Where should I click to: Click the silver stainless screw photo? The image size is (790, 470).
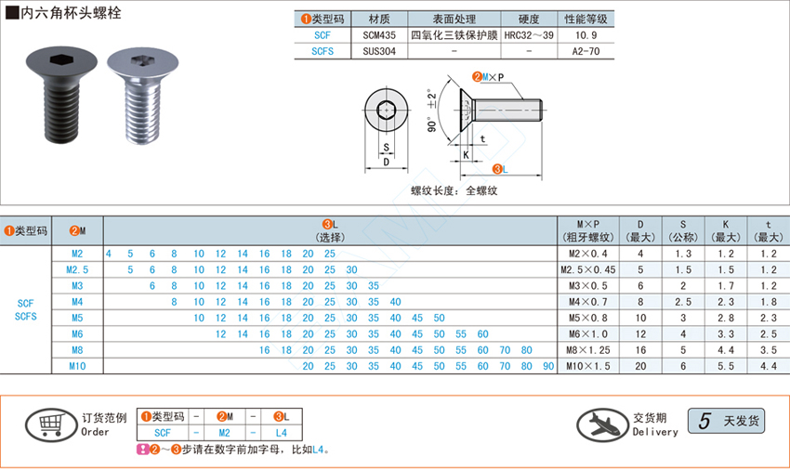click(x=142, y=96)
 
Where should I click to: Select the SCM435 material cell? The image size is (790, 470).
click(x=379, y=35)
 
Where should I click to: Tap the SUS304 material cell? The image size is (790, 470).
click(x=379, y=51)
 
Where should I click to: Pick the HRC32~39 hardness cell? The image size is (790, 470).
click(x=529, y=35)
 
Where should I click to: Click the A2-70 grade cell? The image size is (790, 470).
click(x=586, y=51)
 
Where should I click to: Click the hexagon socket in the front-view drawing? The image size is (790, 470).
click(x=386, y=110)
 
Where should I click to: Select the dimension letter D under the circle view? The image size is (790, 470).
click(x=387, y=163)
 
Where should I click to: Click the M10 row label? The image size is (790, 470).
click(x=77, y=366)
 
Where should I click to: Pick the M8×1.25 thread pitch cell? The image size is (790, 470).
click(x=588, y=350)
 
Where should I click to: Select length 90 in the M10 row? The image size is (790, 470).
click(x=548, y=366)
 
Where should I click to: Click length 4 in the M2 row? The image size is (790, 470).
click(x=109, y=254)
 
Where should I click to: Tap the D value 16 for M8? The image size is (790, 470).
click(x=640, y=350)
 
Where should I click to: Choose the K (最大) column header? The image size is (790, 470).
click(x=726, y=230)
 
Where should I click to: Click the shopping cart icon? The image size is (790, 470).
click(x=51, y=425)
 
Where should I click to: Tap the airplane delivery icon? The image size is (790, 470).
click(x=602, y=424)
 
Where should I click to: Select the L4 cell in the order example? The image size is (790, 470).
click(x=281, y=433)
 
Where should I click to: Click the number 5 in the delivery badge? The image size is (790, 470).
click(x=704, y=421)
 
